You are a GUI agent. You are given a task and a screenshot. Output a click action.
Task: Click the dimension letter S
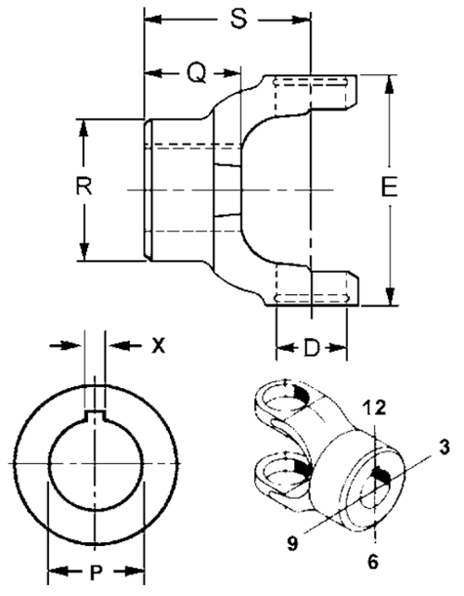coord(238,19)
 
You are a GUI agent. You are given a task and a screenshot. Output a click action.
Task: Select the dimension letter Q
coord(197,72)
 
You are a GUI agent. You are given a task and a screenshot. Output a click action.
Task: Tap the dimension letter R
coord(84,187)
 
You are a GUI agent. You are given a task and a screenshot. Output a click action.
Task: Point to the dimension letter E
coord(389,187)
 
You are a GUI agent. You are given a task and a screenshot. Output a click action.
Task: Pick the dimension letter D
coord(311,348)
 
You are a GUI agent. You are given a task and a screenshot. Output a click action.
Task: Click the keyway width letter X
coord(159,345)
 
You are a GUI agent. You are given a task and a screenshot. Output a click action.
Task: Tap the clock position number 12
coord(374,408)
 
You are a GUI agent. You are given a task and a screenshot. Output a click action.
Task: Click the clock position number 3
coord(444,447)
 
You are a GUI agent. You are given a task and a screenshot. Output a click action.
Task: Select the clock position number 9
coord(292,544)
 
